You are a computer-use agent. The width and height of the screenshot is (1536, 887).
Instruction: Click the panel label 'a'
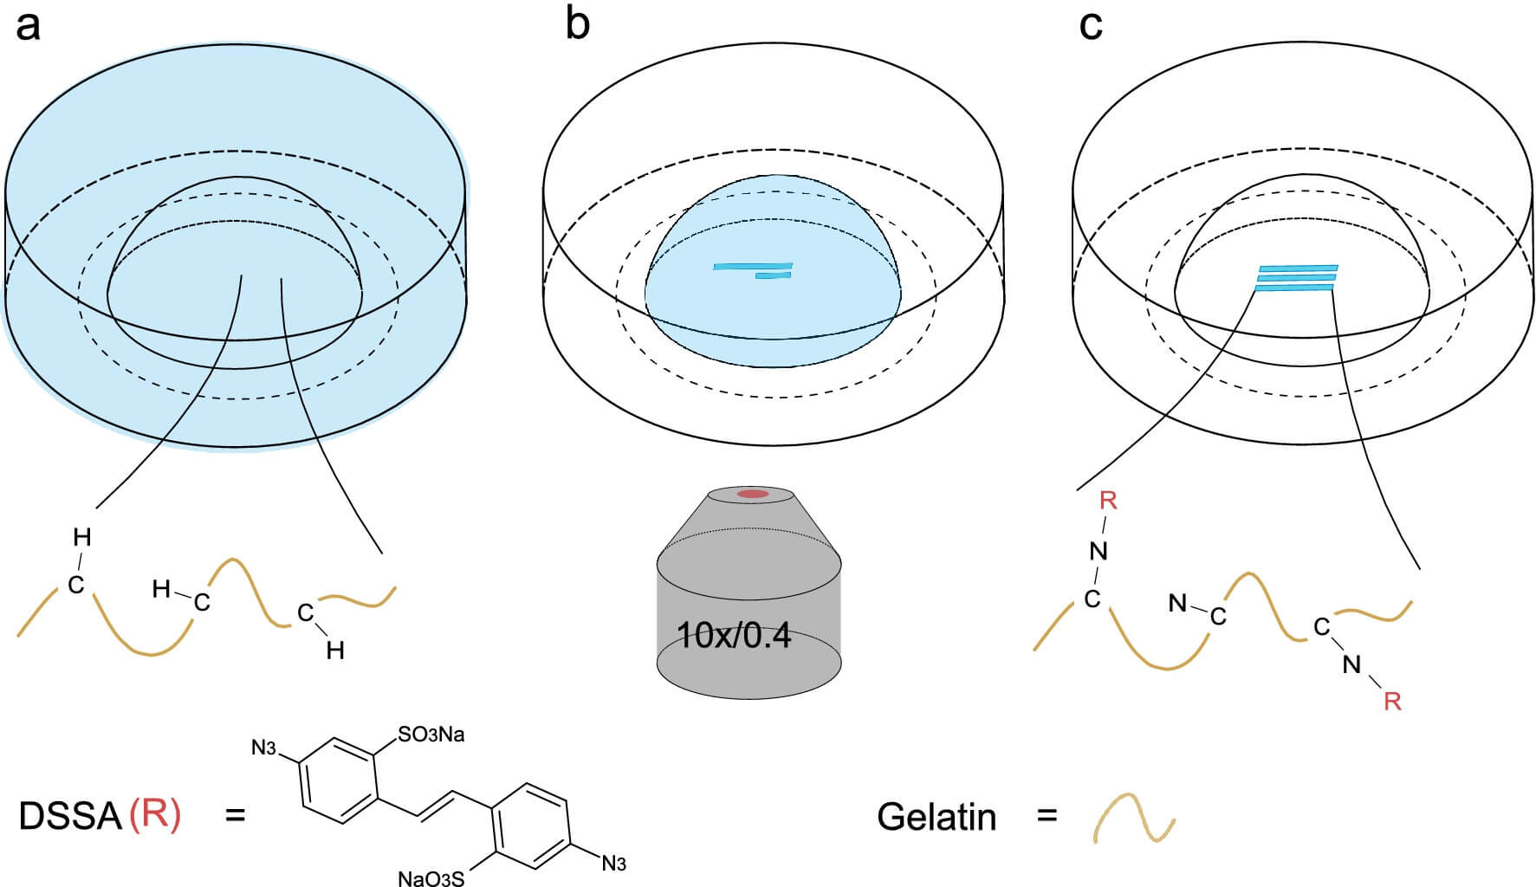pos(28,26)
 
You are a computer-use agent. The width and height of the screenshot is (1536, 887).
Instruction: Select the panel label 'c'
pos(1091,26)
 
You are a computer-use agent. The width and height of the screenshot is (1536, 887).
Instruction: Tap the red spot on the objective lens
pos(752,494)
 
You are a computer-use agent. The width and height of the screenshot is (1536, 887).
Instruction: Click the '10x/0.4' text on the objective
pos(734,636)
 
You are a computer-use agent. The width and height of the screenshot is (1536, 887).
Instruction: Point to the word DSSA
pos(69,817)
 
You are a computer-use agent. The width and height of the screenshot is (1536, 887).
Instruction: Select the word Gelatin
pos(937,817)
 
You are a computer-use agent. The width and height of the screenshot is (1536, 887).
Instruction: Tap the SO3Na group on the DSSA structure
pos(431,735)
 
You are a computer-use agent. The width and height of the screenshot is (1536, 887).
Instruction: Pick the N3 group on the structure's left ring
pos(264,748)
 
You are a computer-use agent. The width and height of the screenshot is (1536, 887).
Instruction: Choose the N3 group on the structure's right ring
pos(613,864)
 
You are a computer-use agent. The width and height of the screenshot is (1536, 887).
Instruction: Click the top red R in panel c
pos(1108,500)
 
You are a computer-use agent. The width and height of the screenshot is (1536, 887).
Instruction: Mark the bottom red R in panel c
pos(1392,701)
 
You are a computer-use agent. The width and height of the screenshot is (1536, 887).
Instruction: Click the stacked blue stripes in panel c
pos(1295,277)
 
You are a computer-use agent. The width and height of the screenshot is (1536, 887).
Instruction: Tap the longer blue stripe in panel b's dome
pos(752,266)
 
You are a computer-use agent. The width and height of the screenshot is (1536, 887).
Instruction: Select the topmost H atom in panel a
pos(82,538)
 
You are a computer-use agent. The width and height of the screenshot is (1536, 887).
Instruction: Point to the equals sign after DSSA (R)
pos(235,816)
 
